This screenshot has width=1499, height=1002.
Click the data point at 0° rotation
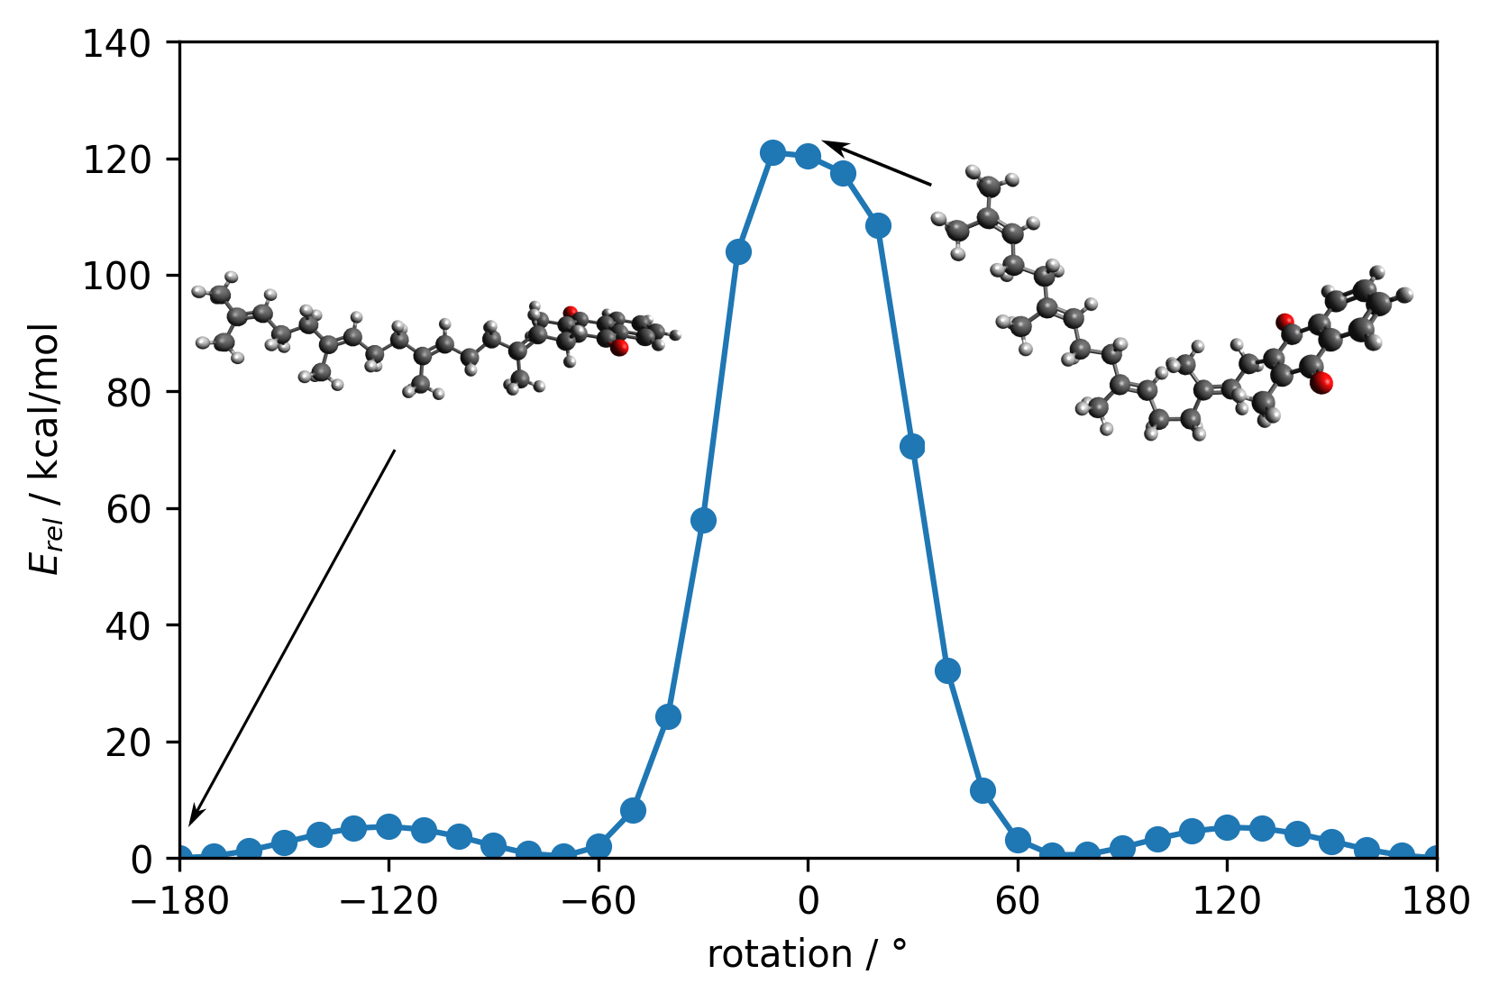(x=808, y=156)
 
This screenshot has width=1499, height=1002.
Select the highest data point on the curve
(x=772, y=152)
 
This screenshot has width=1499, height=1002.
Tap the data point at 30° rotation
(x=912, y=446)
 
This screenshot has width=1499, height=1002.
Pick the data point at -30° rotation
(x=703, y=520)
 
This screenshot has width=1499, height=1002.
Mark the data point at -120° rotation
(x=388, y=826)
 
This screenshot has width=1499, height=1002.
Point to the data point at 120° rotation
(x=1227, y=827)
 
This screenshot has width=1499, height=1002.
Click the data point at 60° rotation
(x=1018, y=840)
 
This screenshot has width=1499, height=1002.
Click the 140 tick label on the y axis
(x=129, y=43)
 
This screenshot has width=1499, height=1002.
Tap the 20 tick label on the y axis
(x=137, y=742)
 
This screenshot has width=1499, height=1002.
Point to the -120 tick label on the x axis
(x=388, y=901)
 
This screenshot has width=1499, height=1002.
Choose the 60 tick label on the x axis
(x=1018, y=901)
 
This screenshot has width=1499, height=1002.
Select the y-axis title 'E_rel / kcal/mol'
(x=45, y=448)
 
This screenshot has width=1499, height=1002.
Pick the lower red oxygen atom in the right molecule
(x=1322, y=384)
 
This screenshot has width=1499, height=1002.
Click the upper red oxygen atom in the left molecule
(x=570, y=313)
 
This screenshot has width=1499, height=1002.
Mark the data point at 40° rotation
(x=947, y=670)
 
